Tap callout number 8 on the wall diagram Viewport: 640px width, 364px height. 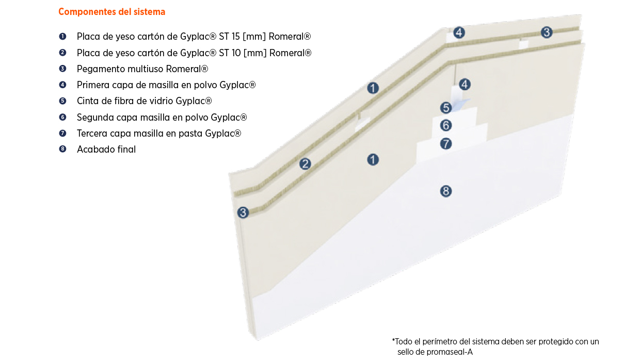(x=446, y=191)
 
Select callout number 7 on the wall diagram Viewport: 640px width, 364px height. (x=446, y=143)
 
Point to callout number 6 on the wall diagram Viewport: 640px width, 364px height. (x=446, y=125)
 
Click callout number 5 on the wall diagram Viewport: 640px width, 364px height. (x=446, y=108)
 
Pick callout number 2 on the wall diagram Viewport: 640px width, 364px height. (x=306, y=164)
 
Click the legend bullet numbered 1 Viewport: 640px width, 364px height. (x=62, y=37)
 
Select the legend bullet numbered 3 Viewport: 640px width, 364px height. (x=62, y=69)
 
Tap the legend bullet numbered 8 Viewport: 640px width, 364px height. (x=62, y=150)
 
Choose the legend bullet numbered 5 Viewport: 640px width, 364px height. (x=62, y=101)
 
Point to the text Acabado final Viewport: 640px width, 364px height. (x=106, y=150)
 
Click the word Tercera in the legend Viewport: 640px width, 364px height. (x=93, y=134)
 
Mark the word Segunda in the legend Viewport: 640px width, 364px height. (x=95, y=117)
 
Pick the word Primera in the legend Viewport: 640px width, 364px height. (x=93, y=85)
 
